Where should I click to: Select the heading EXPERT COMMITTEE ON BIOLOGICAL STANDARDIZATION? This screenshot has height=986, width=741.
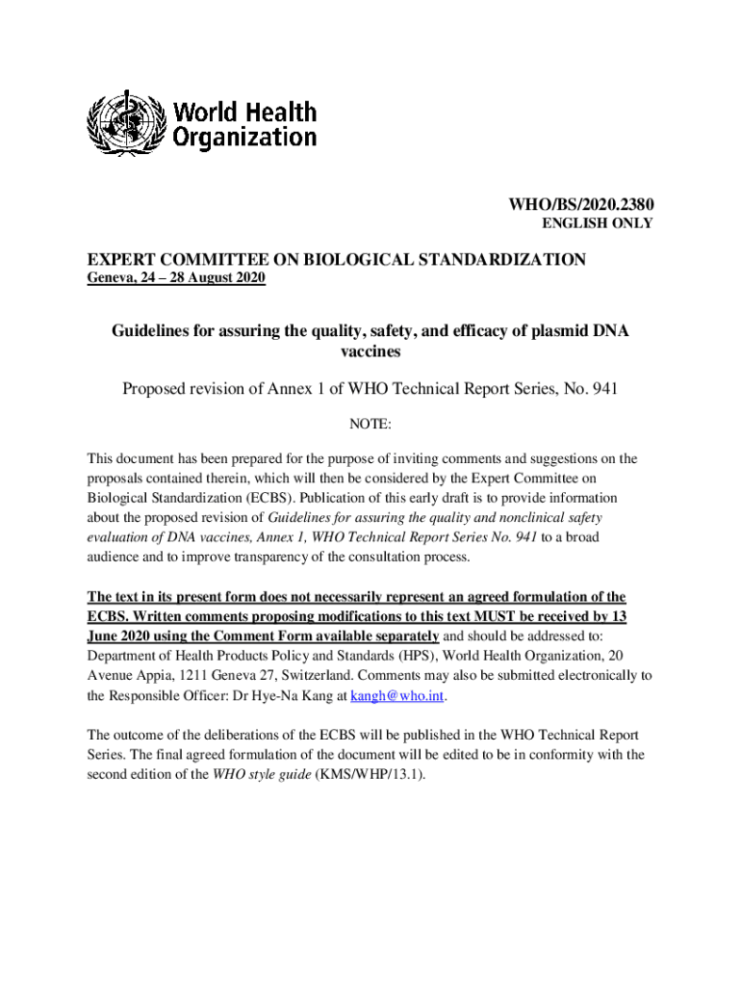point(337,260)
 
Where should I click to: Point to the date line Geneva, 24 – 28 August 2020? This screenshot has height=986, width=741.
point(176,279)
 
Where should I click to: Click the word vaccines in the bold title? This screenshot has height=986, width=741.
point(370,352)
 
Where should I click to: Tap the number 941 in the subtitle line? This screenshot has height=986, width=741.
point(601,389)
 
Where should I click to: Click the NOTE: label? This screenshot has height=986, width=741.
point(370,424)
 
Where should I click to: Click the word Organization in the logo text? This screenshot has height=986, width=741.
point(244,138)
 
